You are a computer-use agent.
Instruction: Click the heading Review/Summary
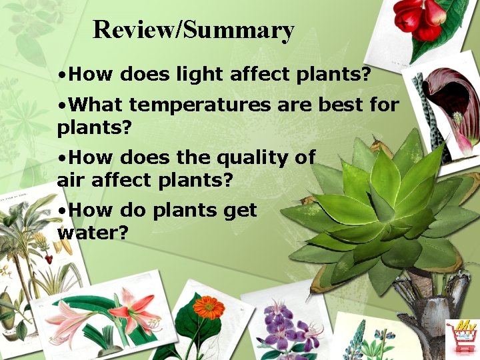pyautogui.click(x=193, y=30)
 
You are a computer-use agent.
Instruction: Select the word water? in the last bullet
pyautogui.click(x=93, y=233)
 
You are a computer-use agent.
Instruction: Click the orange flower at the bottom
pyautogui.click(x=209, y=308)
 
